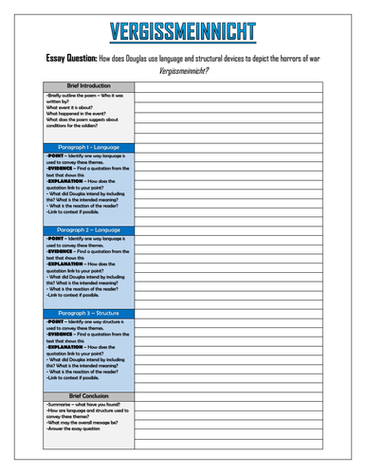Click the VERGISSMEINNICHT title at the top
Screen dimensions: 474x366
(183, 31)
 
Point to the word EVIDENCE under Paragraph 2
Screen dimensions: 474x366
(64, 251)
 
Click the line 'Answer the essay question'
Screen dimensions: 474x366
(73, 428)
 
